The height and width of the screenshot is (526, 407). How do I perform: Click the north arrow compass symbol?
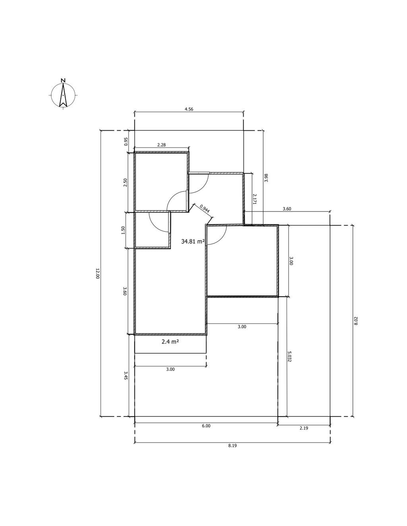pos(63,95)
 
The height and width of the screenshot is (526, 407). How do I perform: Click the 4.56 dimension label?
pos(189,109)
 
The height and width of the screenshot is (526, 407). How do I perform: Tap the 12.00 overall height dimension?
pos(97,274)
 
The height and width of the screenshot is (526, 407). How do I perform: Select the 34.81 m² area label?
pos(193,241)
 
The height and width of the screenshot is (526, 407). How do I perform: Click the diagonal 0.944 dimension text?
pos(205,208)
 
